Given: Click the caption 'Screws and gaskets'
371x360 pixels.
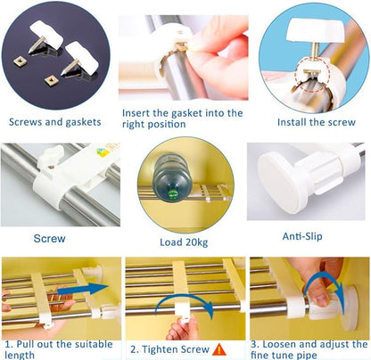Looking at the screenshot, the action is tap(55, 122).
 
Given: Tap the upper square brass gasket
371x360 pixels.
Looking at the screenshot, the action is tap(21, 61).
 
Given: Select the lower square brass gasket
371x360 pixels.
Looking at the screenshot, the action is tap(51, 80).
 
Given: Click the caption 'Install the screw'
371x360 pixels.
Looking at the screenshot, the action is tap(317, 122).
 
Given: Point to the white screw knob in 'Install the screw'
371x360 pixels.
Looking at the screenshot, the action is tap(316, 29).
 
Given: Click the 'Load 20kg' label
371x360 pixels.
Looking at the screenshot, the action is tap(184, 242).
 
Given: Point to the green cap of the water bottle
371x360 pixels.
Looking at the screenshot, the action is tap(171, 194).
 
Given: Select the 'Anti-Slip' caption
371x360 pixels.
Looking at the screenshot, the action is tap(302, 236).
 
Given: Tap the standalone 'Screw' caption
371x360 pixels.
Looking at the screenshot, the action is tap(49, 239).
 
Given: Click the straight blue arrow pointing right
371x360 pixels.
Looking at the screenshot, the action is tap(83, 290).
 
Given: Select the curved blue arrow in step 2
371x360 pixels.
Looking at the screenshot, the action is tap(185, 300).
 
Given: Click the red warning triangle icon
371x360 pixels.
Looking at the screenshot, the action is tap(219, 349).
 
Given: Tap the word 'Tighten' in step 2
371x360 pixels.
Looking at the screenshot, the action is tap(160, 349).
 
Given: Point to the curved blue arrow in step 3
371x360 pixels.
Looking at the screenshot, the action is tap(324, 276).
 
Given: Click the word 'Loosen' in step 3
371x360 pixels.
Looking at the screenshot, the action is tap(279, 344).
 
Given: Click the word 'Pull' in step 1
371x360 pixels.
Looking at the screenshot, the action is tap(25, 344).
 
